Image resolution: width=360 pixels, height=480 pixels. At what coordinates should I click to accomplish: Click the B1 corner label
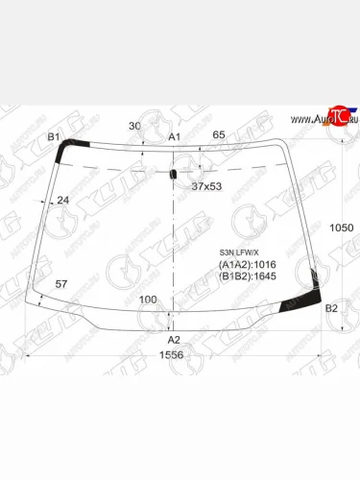pyautogui.click(x=55, y=138)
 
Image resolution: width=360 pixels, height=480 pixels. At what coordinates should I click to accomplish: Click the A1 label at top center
pyautogui.click(x=175, y=138)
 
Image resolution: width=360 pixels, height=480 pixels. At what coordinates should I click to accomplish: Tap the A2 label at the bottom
pyautogui.click(x=174, y=340)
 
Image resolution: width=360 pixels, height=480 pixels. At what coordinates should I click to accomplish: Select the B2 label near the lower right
pyautogui.click(x=331, y=308)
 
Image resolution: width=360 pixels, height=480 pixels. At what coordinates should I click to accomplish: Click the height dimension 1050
pyautogui.click(x=342, y=228)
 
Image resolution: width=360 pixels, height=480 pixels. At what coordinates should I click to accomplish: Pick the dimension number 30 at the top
pyautogui.click(x=134, y=127)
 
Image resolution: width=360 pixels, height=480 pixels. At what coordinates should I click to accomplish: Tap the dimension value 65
pyautogui.click(x=219, y=136)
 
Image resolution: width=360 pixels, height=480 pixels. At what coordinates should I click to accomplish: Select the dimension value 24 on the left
pyautogui.click(x=63, y=200)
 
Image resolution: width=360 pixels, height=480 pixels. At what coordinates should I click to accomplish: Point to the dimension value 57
pyautogui.click(x=61, y=285)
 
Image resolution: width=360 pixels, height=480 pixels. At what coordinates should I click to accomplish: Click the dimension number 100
pyautogui.click(x=148, y=300)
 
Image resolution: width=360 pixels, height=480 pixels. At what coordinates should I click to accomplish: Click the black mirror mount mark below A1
pyautogui.click(x=174, y=175)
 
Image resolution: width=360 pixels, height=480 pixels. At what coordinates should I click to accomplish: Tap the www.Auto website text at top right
pyautogui.click(x=304, y=119)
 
